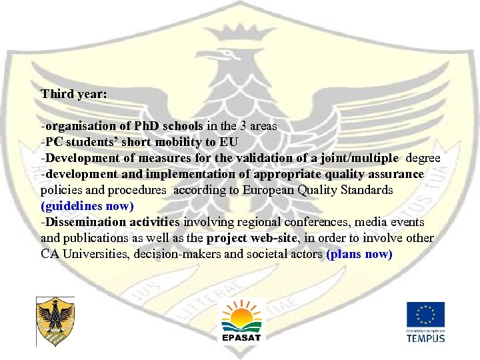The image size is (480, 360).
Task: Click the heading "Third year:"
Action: click(x=73, y=94)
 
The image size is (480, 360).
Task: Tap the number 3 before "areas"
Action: click(x=244, y=126)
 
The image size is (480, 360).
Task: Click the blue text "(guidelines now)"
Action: click(x=87, y=206)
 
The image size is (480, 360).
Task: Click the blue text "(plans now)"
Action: click(x=360, y=254)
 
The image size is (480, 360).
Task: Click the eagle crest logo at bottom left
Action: click(x=55, y=321)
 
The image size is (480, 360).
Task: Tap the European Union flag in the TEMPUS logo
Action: click(x=426, y=315)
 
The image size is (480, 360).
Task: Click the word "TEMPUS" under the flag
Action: click(x=426, y=338)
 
